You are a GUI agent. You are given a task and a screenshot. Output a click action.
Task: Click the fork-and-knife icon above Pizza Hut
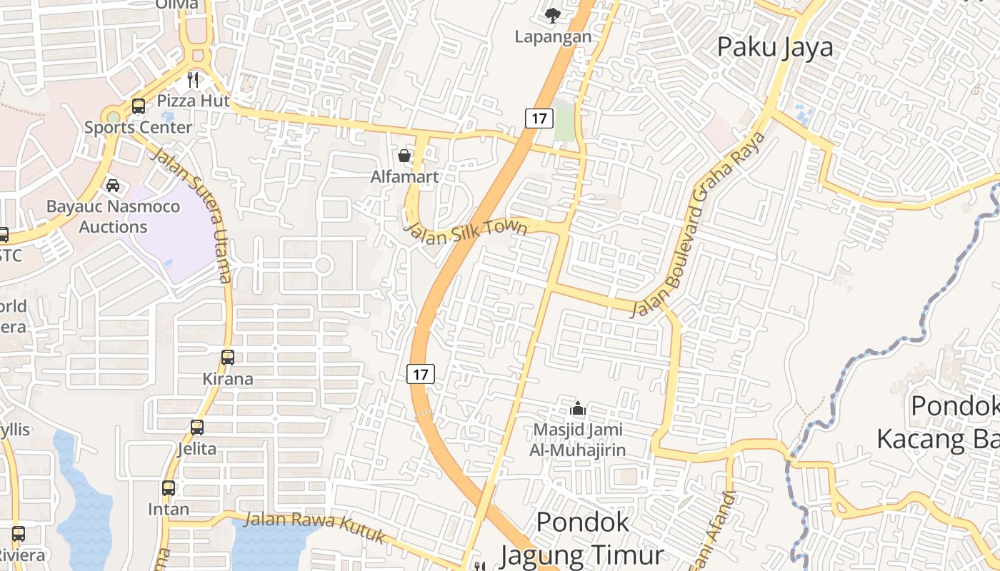coord(193,79)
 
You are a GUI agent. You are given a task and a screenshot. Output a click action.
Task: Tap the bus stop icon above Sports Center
coord(139,106)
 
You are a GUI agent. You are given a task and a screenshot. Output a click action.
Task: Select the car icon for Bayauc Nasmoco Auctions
coord(113,186)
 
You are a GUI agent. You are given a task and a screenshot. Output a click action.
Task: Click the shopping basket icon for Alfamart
coord(404,156)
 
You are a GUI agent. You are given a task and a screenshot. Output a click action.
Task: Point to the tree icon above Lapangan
coord(552,15)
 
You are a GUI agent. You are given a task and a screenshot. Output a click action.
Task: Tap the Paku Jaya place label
coord(775,47)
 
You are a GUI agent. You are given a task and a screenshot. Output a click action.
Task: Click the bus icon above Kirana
coord(228,358)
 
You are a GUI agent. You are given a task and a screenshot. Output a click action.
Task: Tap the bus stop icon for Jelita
coord(197,428)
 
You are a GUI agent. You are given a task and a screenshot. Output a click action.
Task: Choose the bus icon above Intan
coord(169,488)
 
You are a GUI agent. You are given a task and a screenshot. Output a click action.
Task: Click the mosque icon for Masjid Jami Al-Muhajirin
coord(577,408)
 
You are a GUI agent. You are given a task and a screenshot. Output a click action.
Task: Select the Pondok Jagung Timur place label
coord(583,538)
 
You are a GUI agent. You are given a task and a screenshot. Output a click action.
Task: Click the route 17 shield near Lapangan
coord(539,118)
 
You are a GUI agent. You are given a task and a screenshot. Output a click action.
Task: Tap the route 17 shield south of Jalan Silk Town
coord(421,373)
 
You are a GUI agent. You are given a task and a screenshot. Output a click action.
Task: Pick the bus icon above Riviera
coord(19,534)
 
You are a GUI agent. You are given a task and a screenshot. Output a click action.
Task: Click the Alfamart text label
coord(404,176)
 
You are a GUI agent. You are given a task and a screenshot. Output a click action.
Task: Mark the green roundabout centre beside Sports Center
coord(113,117)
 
